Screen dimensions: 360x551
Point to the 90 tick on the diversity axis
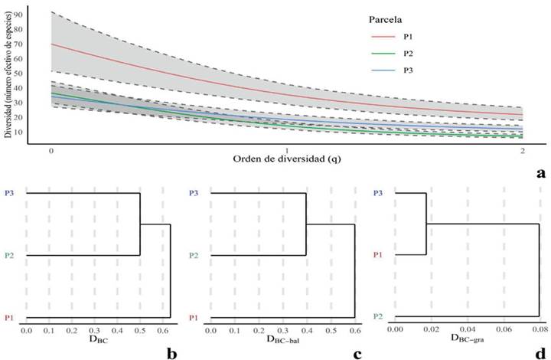click(36, 13)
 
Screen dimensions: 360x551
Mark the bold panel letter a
click(541, 173)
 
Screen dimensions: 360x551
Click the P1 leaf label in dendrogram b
click(8, 316)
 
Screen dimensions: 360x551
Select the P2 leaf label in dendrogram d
click(378, 316)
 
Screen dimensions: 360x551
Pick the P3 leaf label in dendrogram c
click(194, 194)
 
